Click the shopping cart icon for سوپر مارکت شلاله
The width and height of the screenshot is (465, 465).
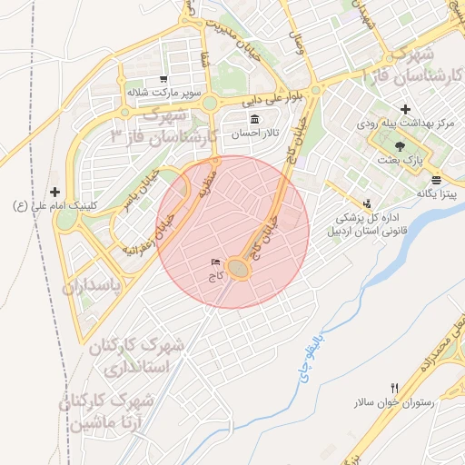point(163,79)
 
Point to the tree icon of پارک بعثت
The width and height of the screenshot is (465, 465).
point(400,145)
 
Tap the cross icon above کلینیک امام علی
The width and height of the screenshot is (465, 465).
point(55,192)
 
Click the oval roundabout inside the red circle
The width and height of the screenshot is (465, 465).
point(239,269)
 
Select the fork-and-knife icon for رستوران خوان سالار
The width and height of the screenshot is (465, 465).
point(394,387)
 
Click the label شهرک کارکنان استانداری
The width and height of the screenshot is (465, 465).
point(137,358)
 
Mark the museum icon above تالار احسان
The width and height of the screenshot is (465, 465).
point(253,120)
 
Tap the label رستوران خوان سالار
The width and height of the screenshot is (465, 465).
point(394,401)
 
